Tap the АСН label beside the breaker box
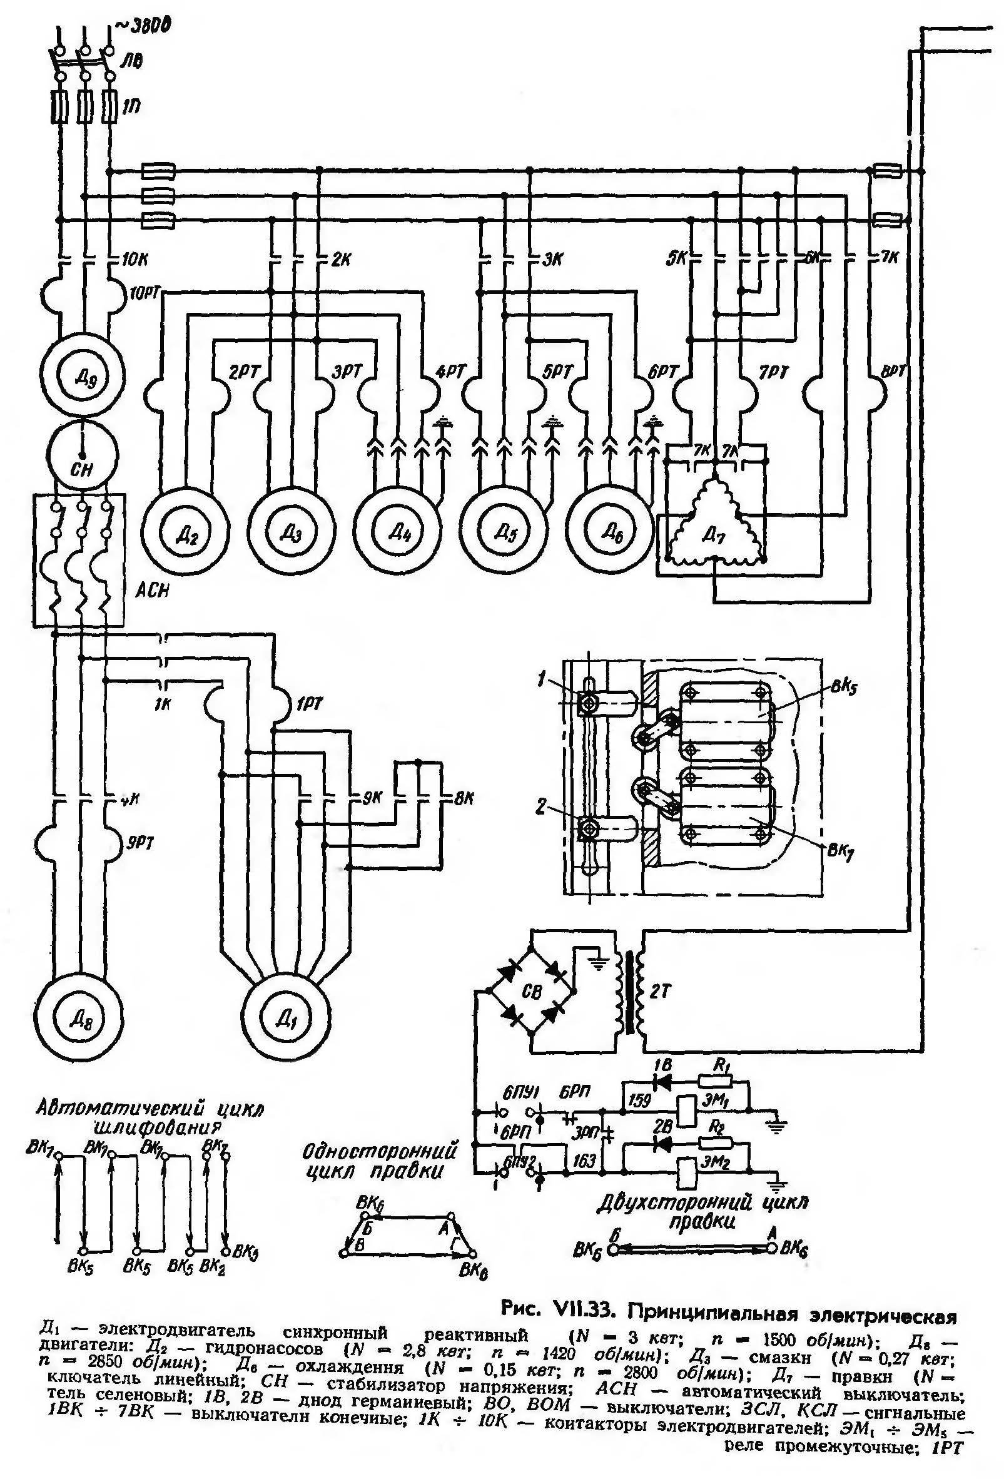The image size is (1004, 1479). [152, 591]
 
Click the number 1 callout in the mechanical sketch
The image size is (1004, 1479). [541, 681]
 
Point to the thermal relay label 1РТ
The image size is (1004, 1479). [309, 704]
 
